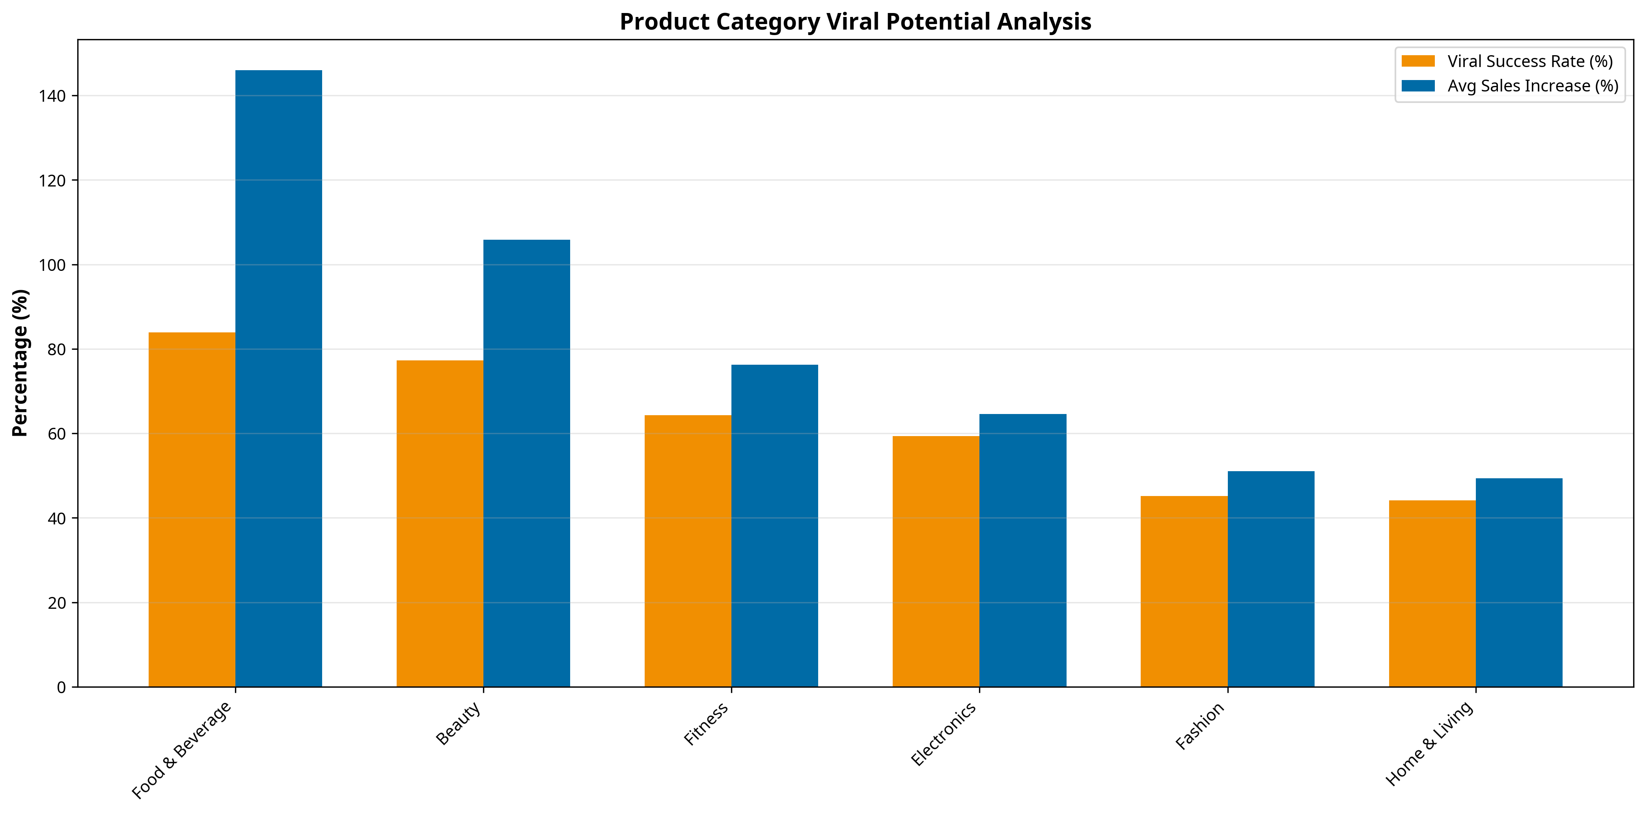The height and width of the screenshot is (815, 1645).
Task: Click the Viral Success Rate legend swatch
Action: (x=1417, y=62)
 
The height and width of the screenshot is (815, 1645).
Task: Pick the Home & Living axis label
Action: (x=1429, y=744)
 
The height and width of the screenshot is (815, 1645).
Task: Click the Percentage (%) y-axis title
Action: (x=21, y=363)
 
